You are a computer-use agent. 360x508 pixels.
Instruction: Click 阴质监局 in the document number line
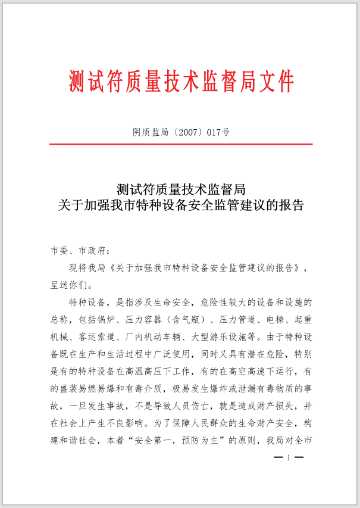coord(149,133)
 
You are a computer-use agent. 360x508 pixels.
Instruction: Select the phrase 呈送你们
coord(70,285)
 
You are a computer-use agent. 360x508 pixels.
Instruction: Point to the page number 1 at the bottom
coord(289,458)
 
